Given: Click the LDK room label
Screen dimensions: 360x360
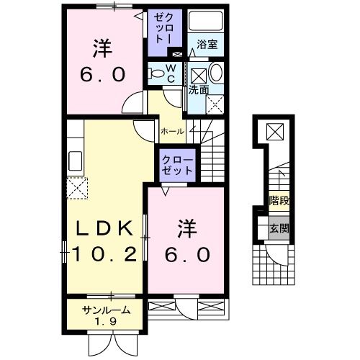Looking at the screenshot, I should coord(105,229).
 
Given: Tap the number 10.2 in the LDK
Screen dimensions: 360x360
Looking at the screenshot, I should coord(105,253).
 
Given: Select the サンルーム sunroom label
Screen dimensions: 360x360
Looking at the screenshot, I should coord(106,311).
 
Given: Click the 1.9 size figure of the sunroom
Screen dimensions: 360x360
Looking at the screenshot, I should coord(106,322).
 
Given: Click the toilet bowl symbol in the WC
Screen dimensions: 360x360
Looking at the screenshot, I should coord(156,73).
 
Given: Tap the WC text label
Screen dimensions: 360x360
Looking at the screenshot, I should coord(171,72).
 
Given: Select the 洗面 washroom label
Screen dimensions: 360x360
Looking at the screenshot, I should coord(199,90).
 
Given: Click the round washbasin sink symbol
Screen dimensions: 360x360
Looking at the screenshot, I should coord(217,73).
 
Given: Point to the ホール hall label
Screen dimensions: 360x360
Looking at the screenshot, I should coord(172,131).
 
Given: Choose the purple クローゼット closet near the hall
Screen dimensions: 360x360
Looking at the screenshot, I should coord(177,165).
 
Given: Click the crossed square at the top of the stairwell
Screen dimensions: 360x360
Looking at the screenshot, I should coord(276,132).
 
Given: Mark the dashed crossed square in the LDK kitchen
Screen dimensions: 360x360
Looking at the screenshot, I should coord(76,188).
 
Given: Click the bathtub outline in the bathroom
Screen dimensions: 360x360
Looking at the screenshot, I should coord(206,23).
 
